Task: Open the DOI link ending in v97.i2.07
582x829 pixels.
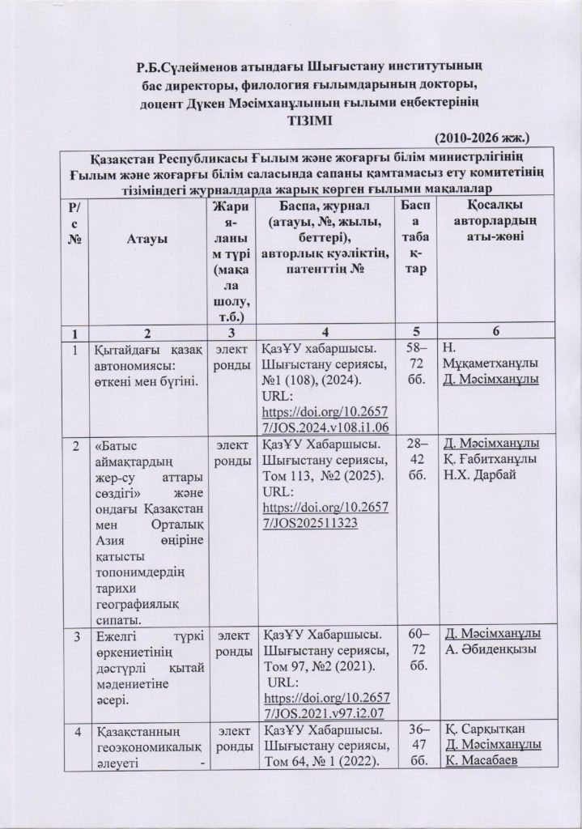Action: pos(321,705)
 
